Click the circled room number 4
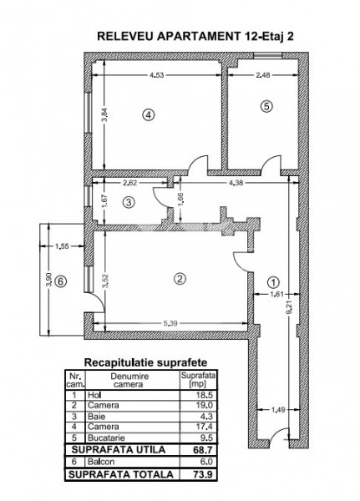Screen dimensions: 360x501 [149, 114]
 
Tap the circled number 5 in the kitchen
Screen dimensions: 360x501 [266, 106]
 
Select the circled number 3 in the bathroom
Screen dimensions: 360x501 [129, 202]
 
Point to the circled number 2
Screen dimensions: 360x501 [180, 279]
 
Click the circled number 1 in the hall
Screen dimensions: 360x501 [273, 282]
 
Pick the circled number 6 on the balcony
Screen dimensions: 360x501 [61, 281]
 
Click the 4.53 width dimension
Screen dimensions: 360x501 [157, 75]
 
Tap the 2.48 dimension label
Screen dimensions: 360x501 [263, 75]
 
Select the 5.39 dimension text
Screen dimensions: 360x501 [170, 323]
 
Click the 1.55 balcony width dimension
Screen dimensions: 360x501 [62, 246]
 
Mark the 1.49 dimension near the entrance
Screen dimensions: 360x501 [278, 410]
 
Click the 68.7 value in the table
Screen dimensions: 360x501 [203, 450]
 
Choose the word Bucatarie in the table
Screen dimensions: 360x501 [106, 438]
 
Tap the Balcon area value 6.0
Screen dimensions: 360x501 [206, 462]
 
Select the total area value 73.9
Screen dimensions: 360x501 [203, 474]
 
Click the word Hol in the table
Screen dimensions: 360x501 [94, 395]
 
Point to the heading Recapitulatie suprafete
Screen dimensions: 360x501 [145, 362]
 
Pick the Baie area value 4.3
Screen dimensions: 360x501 [206, 417]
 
